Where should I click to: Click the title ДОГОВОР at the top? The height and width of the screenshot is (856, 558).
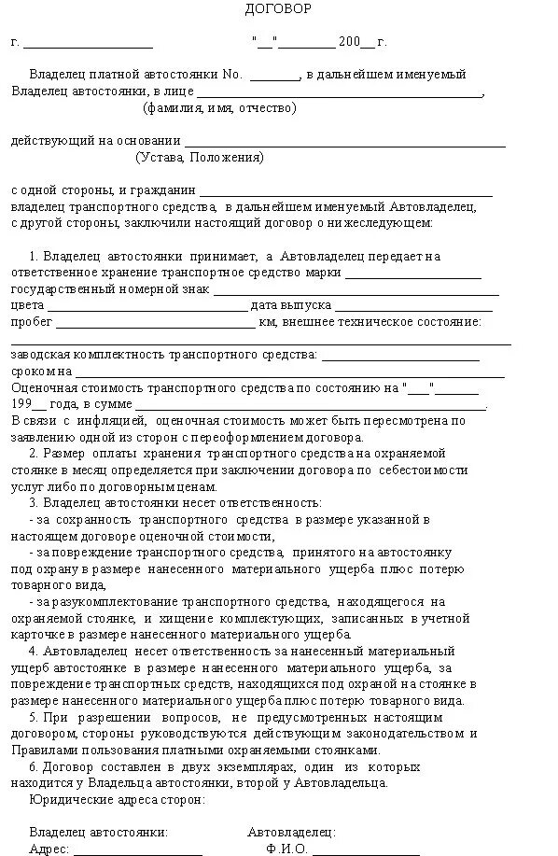point(278,9)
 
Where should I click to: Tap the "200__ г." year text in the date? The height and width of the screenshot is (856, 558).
point(363,42)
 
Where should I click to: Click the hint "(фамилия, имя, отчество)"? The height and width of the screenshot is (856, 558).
point(219,108)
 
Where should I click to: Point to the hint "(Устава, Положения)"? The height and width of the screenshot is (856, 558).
point(199,158)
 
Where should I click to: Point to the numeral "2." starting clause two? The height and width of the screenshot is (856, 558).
point(35,452)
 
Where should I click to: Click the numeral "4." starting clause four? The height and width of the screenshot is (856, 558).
point(35,650)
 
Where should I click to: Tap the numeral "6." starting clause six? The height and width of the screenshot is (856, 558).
point(35,765)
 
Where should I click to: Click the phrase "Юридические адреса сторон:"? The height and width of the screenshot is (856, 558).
point(117,799)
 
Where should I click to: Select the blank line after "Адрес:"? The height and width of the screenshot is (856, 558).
point(138,851)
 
